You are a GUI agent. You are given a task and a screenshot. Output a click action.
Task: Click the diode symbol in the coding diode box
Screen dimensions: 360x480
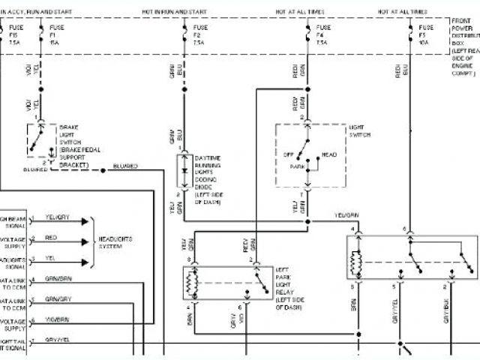tap(184, 172)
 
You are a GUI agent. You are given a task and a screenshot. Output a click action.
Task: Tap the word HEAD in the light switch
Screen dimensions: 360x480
tap(328, 154)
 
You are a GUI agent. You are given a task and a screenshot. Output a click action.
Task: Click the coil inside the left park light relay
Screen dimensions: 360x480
tap(191, 283)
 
